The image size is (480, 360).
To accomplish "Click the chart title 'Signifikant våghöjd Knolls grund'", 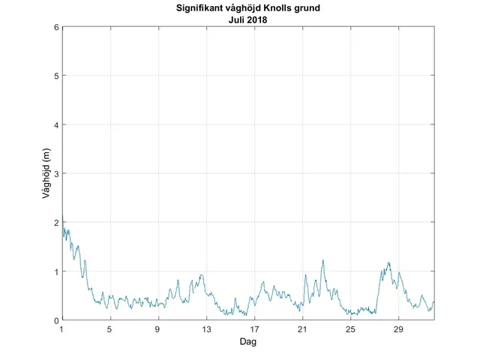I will [x=248, y=9].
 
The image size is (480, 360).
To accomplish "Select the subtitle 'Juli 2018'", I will [x=248, y=19].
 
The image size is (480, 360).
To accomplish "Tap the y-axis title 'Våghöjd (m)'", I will [x=46, y=174].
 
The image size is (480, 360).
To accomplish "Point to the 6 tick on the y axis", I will [x=56, y=27].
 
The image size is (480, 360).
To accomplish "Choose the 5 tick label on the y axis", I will [x=56, y=76].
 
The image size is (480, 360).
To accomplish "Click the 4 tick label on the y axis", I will [x=56, y=124].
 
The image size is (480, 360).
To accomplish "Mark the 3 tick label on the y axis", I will [x=56, y=173].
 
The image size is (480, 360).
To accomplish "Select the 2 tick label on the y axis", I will [x=56, y=223].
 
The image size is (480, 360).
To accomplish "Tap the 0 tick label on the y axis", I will [x=56, y=320].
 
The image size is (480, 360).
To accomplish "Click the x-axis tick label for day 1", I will [x=62, y=329].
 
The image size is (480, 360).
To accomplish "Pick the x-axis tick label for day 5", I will [x=110, y=329].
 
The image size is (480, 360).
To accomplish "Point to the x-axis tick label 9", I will [x=158, y=329].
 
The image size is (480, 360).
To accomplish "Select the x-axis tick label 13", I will [x=206, y=329].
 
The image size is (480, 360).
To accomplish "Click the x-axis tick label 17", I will [x=254, y=329].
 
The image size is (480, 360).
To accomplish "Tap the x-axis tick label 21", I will [x=302, y=329].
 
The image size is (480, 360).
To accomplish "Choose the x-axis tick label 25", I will [x=350, y=329].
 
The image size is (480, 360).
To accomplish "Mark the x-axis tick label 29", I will [x=398, y=329].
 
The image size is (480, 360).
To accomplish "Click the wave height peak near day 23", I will [x=323, y=261].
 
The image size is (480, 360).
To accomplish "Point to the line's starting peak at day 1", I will [x=63, y=220].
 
